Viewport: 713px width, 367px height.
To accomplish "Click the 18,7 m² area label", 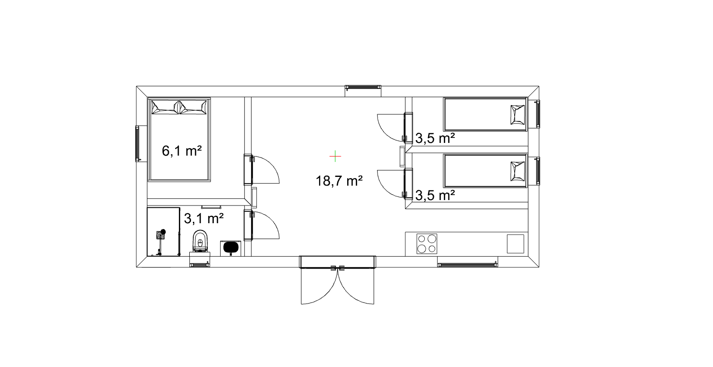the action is point(339,181).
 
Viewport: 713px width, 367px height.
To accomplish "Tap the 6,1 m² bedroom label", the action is point(182,151).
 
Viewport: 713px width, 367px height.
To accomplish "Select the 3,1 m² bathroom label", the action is point(204,219).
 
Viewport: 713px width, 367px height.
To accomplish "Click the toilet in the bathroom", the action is point(200,241).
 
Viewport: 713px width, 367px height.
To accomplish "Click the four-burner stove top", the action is point(427,244).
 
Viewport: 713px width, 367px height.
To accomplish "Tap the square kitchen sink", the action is point(515,244).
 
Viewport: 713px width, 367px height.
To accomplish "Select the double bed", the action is point(180,140).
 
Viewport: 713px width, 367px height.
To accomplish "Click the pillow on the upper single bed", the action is point(517,115).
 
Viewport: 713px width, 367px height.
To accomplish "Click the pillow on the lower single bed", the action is point(517,171).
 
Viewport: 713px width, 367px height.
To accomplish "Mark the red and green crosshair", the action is point(335,156).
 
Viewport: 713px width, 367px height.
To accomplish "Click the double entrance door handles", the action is point(337,268).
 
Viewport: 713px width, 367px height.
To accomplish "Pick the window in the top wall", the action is point(363,87).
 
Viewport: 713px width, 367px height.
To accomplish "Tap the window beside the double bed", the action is point(138,144).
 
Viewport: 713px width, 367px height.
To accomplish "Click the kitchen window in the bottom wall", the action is point(467,264).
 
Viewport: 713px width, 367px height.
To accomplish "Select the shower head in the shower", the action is point(163,231).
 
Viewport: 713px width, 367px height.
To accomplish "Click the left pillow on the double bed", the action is point(165,107).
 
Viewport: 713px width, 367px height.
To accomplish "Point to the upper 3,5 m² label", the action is point(435,138).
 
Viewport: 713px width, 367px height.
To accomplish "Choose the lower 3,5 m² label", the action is point(435,195).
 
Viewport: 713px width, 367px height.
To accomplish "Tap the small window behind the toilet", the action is point(200,264).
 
